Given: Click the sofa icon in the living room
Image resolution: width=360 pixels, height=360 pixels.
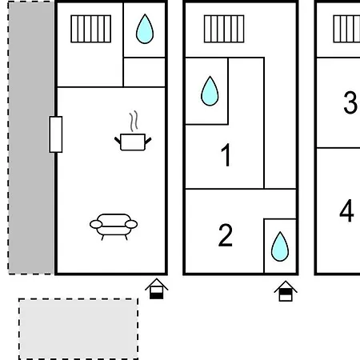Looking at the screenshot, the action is point(114,226).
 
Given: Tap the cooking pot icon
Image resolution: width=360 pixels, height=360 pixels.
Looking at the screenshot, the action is point(133,142).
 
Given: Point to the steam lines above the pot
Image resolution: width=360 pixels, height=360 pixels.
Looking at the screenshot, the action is point(134,121).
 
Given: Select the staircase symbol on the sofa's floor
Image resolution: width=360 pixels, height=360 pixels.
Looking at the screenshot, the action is point(91,29).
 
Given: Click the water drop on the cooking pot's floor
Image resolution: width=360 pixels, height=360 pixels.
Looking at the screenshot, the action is point(145,29).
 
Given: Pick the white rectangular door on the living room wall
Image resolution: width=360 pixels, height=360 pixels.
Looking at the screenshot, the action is point(56,134).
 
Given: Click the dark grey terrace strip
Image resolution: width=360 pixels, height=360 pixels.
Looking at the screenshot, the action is point(31,138).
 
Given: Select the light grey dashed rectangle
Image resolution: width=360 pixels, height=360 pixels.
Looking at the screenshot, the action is point(78,329).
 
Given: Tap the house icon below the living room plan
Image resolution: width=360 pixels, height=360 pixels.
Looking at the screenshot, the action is point(157,289).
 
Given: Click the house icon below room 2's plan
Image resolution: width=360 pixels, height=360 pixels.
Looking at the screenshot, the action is point(286,291).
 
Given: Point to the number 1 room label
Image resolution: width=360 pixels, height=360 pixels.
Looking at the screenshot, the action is point(226,154).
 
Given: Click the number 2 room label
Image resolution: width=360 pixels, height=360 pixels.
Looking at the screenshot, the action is point(226,235).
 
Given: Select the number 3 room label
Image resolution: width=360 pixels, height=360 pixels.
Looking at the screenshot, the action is point(350,102).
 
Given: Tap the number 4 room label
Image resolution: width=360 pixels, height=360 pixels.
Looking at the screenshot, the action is point(346,210).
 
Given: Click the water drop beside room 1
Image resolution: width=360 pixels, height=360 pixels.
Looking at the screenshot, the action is point(210,91).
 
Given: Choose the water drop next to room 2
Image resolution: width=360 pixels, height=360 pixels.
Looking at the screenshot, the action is point(280,246).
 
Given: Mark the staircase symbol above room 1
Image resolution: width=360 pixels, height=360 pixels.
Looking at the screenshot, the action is point(224,29).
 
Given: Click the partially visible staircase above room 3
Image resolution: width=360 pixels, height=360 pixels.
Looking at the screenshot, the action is point(346,29).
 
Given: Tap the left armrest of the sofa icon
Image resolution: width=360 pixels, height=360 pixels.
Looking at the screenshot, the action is point(96,225).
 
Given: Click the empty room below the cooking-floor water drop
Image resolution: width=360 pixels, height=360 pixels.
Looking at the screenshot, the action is point(144,72).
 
